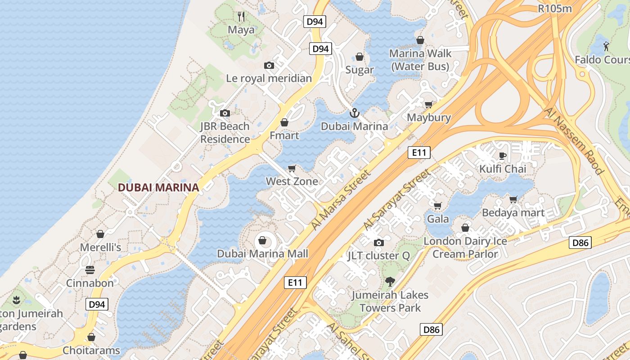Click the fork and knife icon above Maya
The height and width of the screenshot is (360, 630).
(x=241, y=17)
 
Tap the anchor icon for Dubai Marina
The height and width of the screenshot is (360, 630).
(x=354, y=112)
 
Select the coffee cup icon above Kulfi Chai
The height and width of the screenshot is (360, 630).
(x=503, y=156)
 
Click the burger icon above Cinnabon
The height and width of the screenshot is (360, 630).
(x=90, y=270)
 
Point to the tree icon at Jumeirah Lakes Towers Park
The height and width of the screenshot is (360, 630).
(x=390, y=282)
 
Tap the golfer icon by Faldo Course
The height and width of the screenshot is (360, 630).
(x=606, y=46)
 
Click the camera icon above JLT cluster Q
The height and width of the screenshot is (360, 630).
(x=379, y=243)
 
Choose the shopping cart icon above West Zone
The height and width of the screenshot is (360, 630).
(x=292, y=168)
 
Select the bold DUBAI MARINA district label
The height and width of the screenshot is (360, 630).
(x=158, y=188)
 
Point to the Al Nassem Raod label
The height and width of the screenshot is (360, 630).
(x=573, y=140)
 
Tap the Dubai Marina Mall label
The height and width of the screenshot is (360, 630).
(x=263, y=254)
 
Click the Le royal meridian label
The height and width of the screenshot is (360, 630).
(x=269, y=78)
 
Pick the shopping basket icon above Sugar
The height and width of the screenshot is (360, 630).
(x=360, y=57)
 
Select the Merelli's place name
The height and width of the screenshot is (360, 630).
(x=100, y=247)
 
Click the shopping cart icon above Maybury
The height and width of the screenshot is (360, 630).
(x=429, y=104)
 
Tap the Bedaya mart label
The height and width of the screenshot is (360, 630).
(x=513, y=213)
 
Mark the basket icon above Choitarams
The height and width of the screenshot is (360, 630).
(x=91, y=337)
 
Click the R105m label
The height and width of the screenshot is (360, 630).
(x=555, y=8)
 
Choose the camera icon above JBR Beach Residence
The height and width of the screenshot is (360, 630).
(x=225, y=113)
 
